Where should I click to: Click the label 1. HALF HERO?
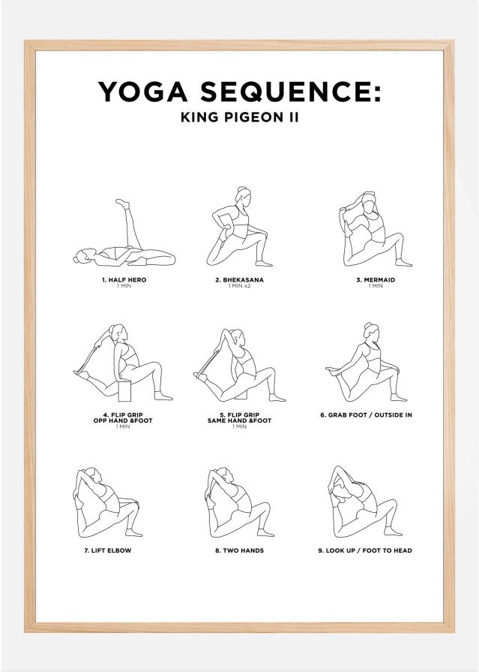[124, 280]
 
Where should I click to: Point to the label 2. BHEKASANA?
[239, 280]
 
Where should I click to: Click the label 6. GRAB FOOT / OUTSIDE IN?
[366, 414]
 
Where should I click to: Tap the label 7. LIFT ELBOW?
[112, 550]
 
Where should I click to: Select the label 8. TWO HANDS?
[239, 550]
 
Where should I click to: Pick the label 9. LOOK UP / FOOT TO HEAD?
[365, 550]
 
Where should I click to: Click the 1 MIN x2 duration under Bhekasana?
[239, 286]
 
